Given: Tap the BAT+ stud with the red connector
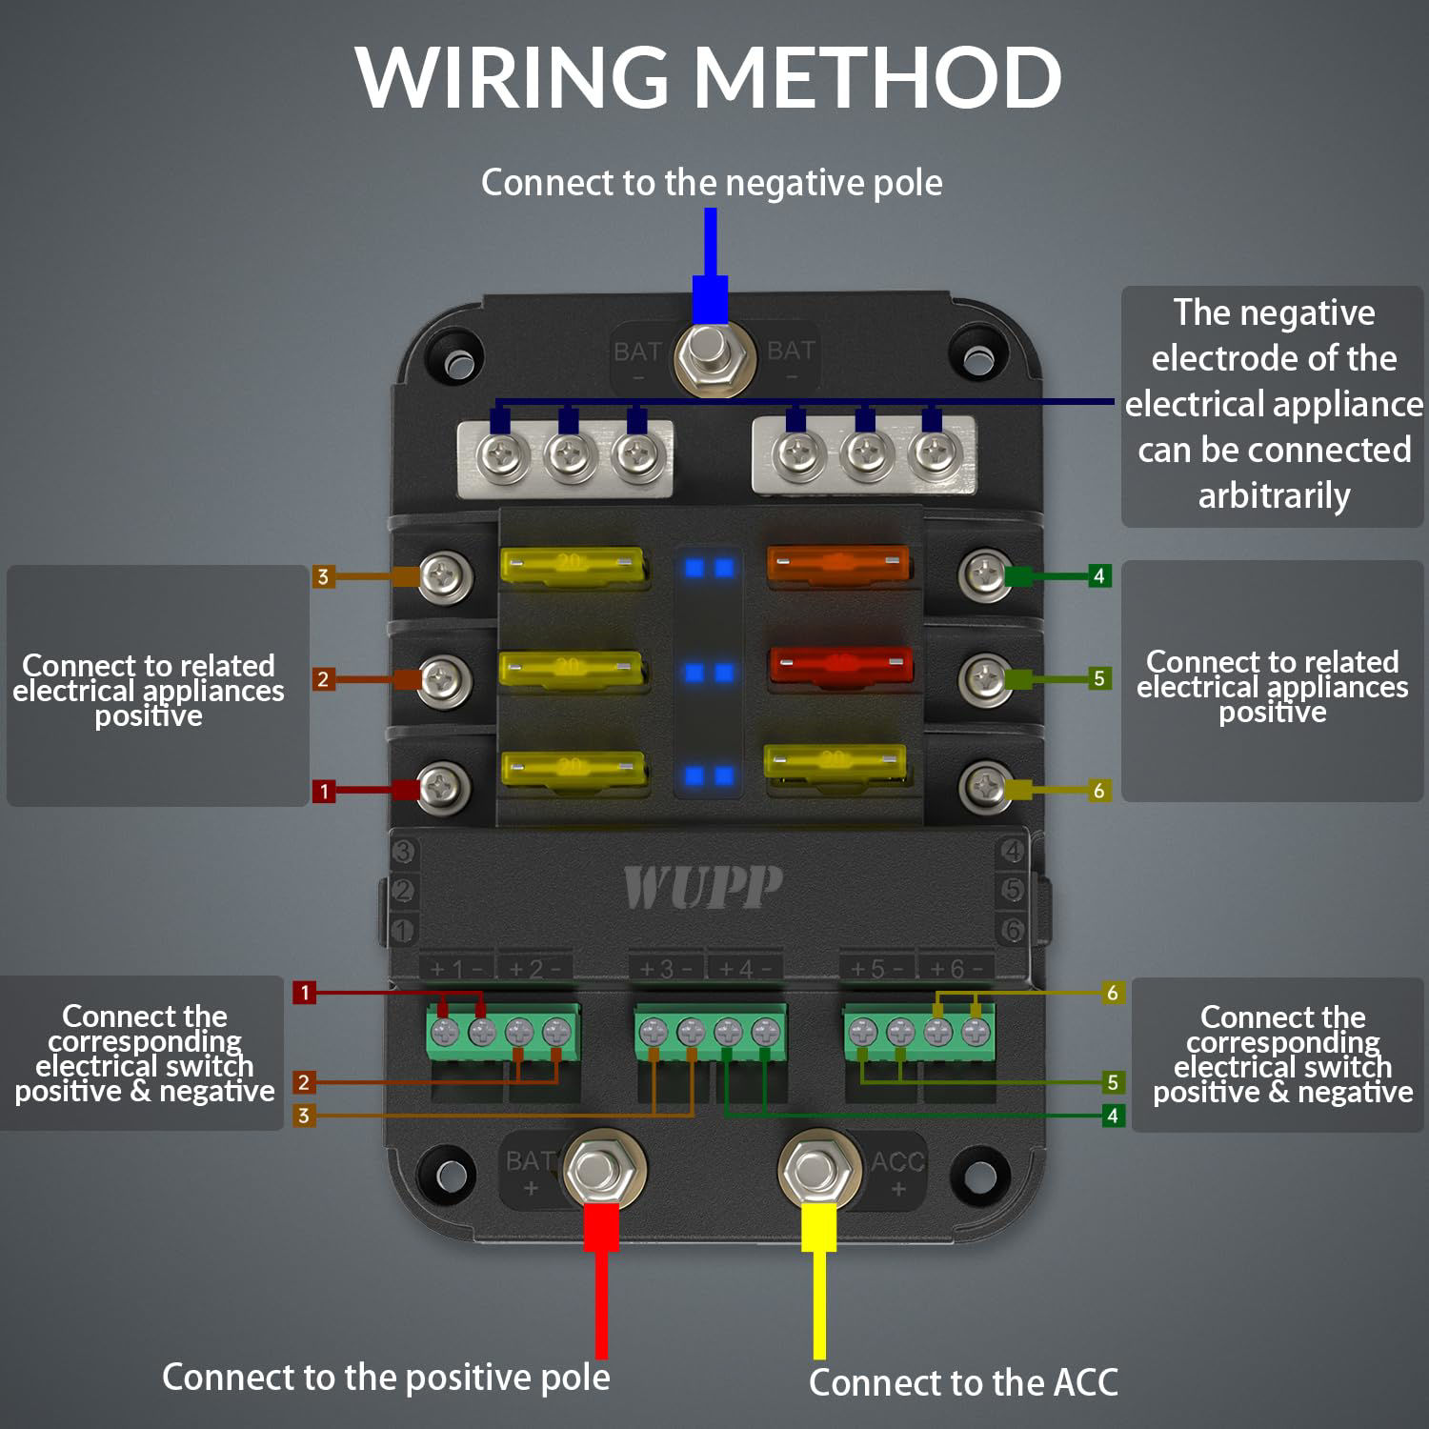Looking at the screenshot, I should (603, 1168).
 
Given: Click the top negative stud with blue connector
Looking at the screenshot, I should (710, 354).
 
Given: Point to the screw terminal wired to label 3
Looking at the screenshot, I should (444, 574).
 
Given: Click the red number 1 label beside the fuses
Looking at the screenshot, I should (324, 791).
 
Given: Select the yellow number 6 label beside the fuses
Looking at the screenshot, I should (1099, 791).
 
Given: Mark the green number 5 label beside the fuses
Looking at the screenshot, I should (1099, 678).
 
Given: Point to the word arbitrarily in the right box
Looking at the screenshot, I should (1274, 495).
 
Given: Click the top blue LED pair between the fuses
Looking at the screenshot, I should (709, 569).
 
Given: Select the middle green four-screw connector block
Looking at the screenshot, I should (710, 1032).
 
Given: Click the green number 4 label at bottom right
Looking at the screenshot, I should (1112, 1115).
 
